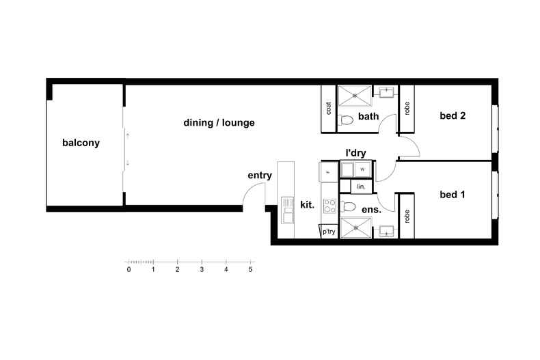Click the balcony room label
81,143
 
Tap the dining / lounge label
219,122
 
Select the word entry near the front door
260,175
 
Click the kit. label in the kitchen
307,205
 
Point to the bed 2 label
453,115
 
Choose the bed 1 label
453,195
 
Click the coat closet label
329,108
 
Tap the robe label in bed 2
407,109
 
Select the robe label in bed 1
407,217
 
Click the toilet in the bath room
347,120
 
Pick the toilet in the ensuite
348,206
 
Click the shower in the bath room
355,96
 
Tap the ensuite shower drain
355,228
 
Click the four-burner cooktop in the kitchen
329,206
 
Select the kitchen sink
287,210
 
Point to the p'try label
329,232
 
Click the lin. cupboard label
361,186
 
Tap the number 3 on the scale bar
202,269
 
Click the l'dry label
355,153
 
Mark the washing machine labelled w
362,169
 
